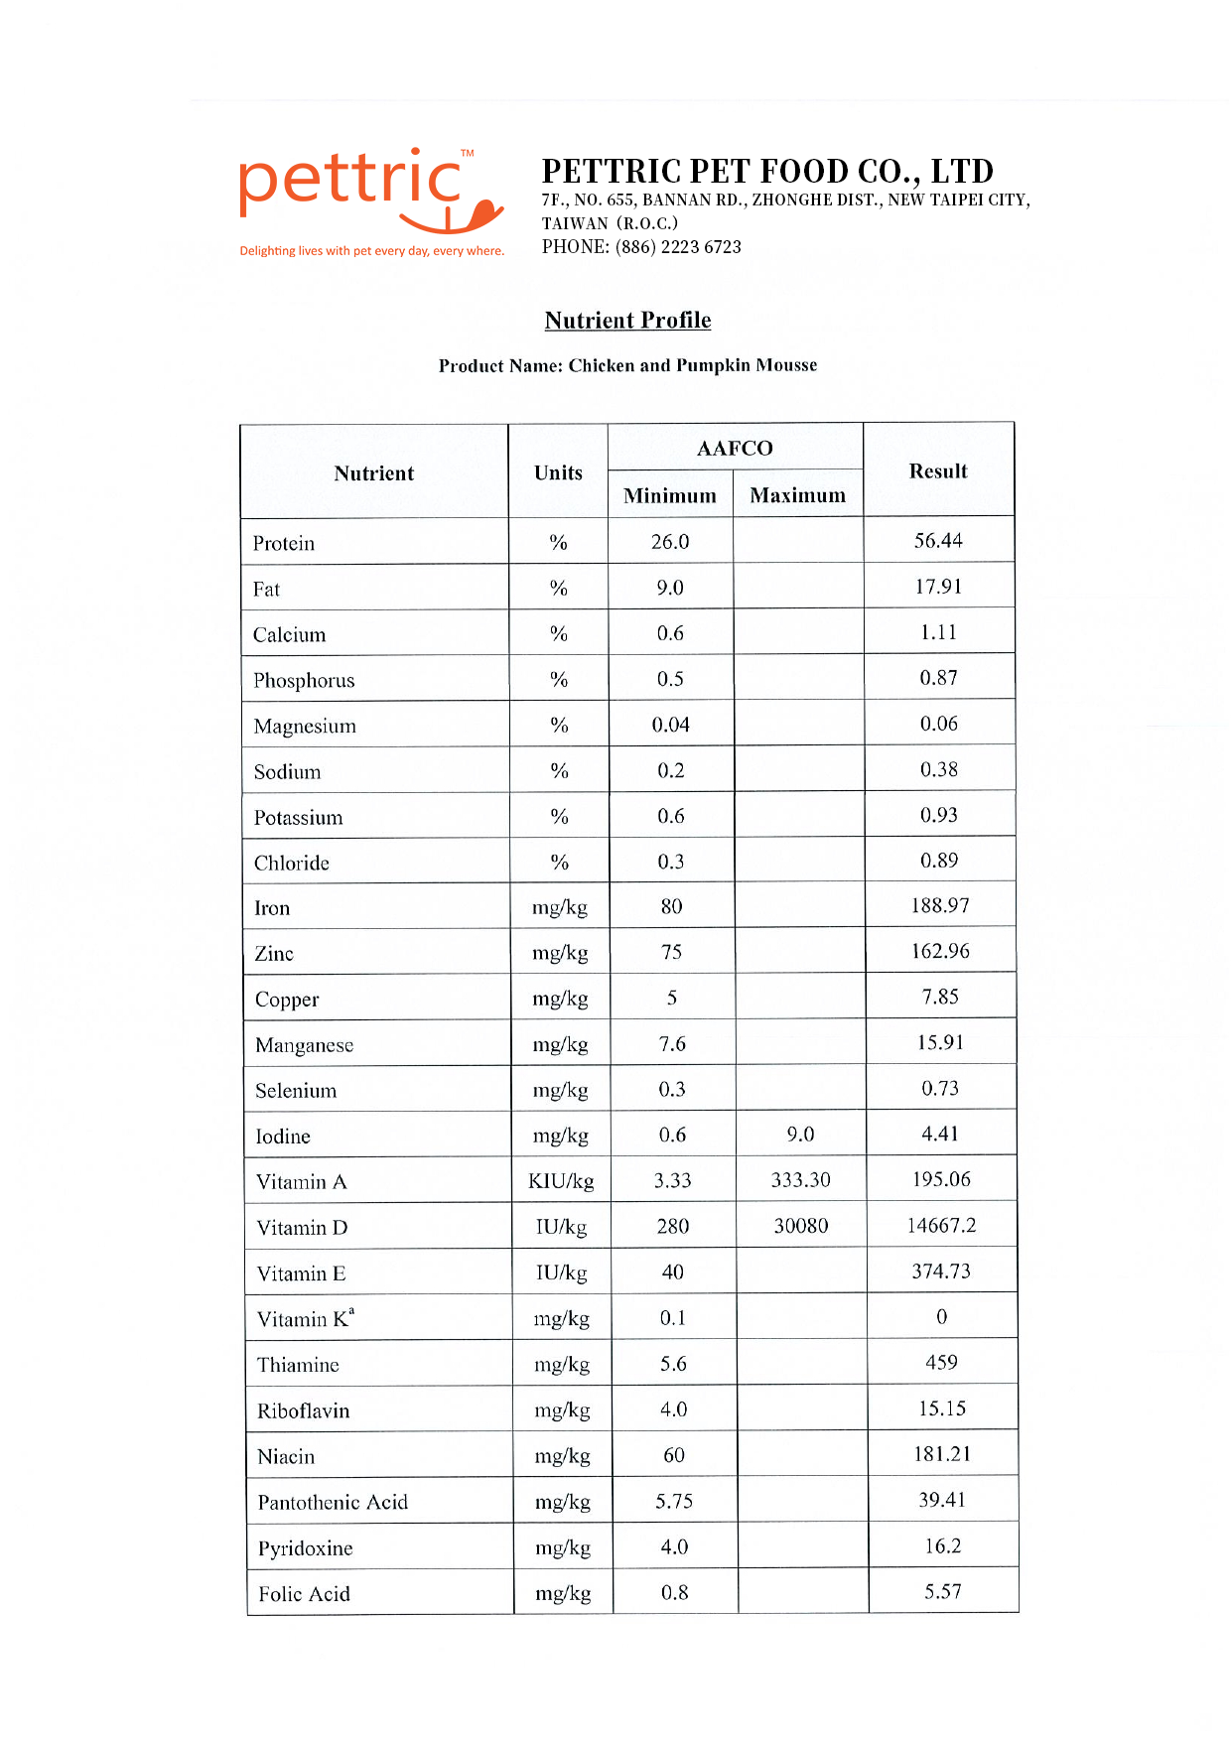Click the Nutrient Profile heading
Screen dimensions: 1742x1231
pos(627,320)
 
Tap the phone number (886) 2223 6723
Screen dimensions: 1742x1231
pos(678,247)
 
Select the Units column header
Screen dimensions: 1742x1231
pos(558,472)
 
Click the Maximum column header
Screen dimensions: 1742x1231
pos(797,494)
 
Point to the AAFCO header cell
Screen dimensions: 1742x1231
pos(735,448)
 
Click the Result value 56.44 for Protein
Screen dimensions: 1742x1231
pos(938,541)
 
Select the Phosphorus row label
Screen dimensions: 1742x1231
pos(304,681)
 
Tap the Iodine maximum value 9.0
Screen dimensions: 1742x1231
pos(800,1135)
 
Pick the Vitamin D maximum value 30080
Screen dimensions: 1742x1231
pos(800,1226)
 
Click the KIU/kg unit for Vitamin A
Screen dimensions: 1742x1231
pos(561,1181)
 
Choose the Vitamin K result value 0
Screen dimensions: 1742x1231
pos(941,1317)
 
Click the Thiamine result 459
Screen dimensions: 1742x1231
pos(941,1363)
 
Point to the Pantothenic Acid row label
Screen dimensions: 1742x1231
pos(333,1503)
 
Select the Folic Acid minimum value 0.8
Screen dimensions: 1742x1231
pos(674,1593)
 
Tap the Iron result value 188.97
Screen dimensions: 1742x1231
pos(940,905)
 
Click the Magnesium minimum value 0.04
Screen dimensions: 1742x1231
pos(670,726)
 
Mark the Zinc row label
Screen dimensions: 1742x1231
pos(274,954)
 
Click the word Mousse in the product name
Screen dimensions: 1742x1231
pos(786,365)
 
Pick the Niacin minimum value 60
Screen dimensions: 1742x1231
pos(673,1455)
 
